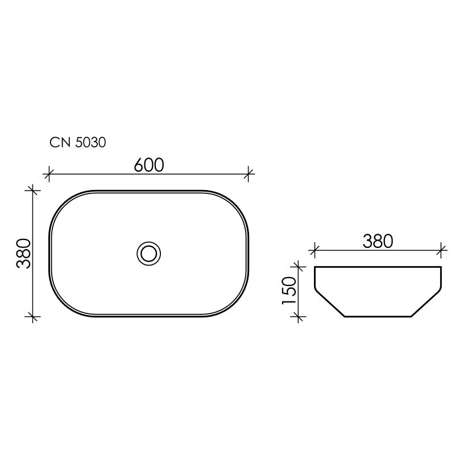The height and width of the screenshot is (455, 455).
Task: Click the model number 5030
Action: point(90,143)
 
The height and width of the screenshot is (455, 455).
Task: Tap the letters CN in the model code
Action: point(60,143)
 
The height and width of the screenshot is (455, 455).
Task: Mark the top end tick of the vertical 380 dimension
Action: point(33,191)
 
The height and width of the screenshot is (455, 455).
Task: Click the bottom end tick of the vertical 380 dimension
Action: point(33,316)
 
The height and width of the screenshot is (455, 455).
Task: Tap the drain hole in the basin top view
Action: point(149,253)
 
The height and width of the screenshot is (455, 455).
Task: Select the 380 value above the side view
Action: point(378,241)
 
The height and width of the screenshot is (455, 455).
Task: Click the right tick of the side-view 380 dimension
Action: point(441,249)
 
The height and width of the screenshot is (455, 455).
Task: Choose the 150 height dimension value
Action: point(289,291)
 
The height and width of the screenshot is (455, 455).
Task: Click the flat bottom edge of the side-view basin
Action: point(378,316)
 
